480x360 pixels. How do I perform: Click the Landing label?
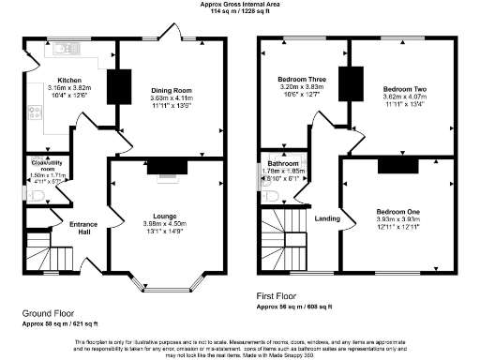pos(326,218)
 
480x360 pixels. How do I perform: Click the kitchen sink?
pos(66,46)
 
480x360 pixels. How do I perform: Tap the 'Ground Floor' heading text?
pos(48,313)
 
